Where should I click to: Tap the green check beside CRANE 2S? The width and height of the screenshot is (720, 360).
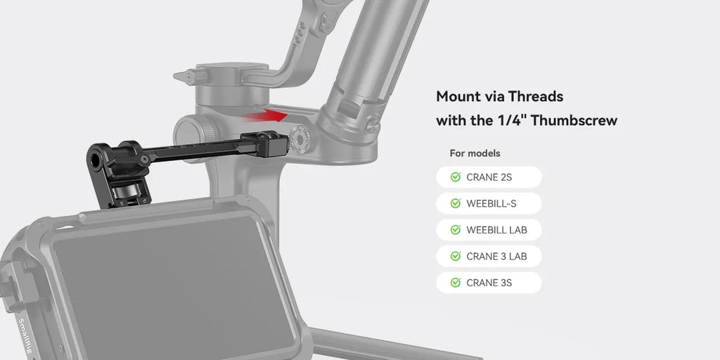coord(455,177)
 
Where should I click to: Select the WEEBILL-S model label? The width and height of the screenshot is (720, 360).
coord(491,204)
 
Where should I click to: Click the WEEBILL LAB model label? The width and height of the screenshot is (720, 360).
coord(496,230)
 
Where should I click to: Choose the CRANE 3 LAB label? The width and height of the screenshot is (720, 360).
coord(496,257)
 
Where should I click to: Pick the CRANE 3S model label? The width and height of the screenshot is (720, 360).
coord(489,283)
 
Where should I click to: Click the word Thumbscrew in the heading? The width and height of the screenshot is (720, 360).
coord(574,120)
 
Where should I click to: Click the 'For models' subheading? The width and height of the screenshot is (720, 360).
coord(475,153)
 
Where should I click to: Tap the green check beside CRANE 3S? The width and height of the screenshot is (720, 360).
coord(455,283)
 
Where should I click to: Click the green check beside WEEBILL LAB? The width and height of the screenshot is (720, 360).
coord(455,230)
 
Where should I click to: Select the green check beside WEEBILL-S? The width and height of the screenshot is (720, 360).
coord(455,204)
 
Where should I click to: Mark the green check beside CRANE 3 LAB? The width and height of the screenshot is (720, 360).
coord(455,257)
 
